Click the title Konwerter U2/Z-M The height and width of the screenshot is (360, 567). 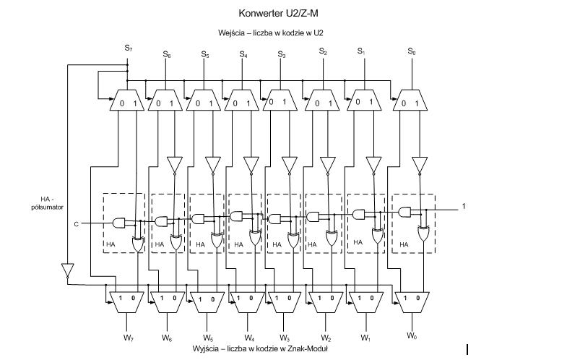coord(277,13)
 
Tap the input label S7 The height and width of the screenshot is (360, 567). coord(127,48)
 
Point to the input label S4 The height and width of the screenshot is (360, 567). coord(243,54)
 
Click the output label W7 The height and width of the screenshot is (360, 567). coord(128,337)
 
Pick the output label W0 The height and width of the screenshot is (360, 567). coord(411,335)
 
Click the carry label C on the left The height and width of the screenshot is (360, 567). coord(76,224)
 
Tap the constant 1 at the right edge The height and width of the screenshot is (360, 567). coord(464,207)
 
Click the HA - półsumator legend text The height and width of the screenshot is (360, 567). coord(54,202)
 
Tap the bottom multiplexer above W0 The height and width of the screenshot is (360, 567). coord(411,301)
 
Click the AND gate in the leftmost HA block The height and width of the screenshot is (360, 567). coord(121,222)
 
